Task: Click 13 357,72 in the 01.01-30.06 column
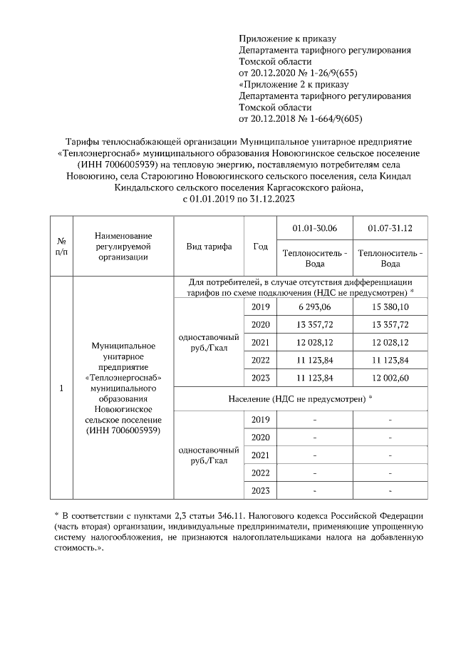315,324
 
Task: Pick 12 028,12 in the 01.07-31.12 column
390,342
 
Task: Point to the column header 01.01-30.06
315,228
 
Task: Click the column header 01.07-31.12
390,228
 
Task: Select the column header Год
260,247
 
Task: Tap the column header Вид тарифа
209,247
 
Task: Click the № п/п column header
62,247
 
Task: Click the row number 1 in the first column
62,388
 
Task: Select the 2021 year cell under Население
260,455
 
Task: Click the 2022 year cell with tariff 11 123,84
260,360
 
